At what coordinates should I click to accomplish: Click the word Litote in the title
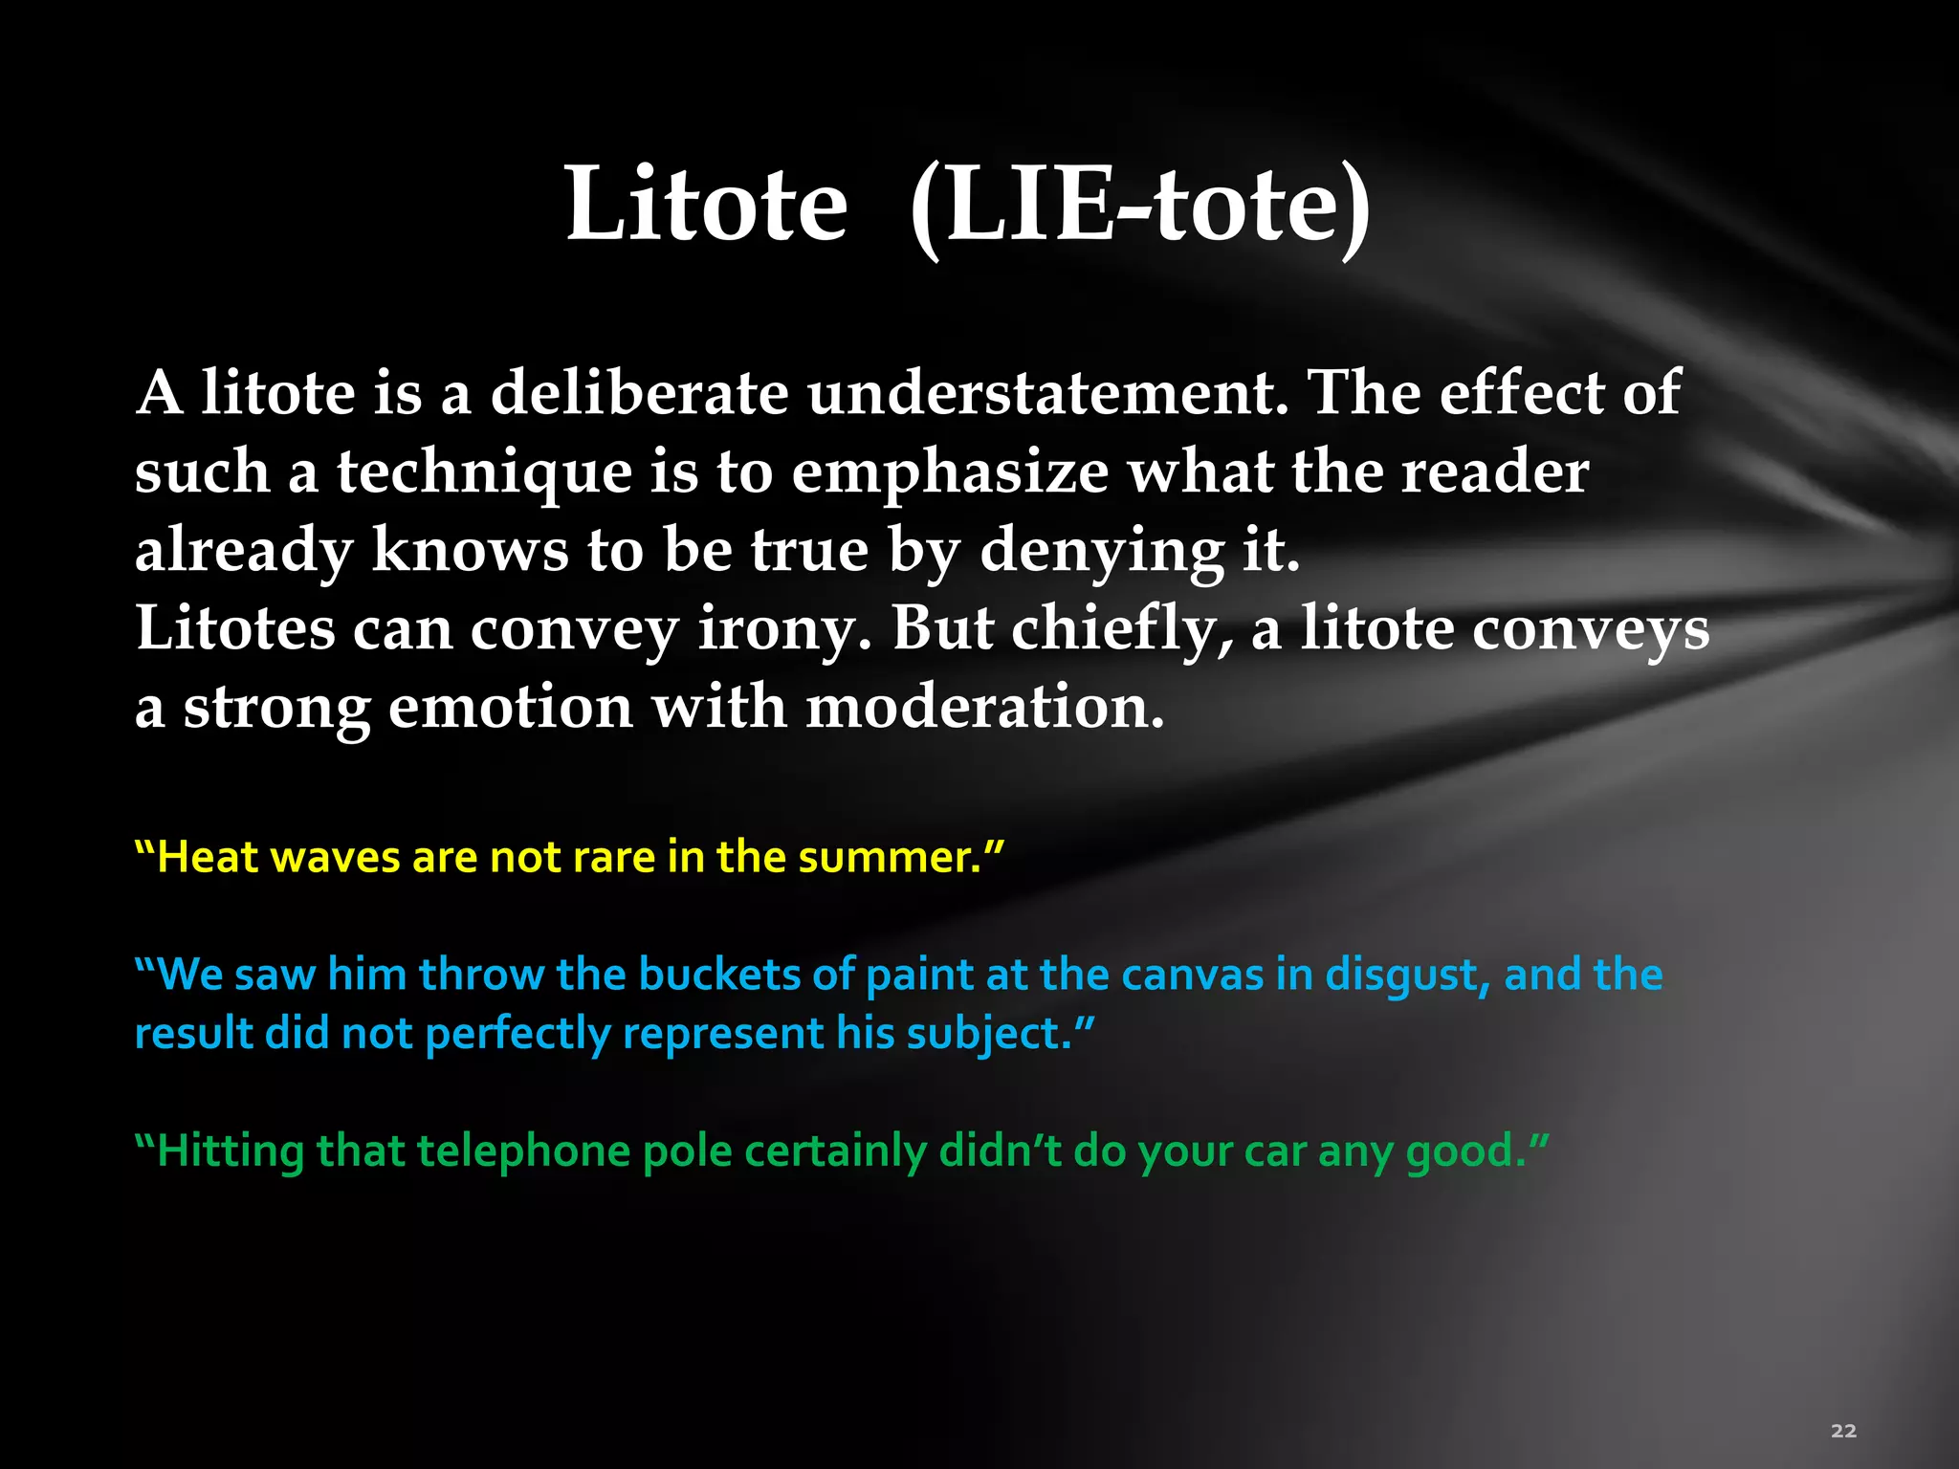706,204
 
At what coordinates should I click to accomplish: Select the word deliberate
639,393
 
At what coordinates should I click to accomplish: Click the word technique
483,472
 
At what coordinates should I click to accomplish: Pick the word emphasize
950,472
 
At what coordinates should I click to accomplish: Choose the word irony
784,630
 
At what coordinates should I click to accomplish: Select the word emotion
511,709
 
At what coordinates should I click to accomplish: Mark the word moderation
985,709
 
